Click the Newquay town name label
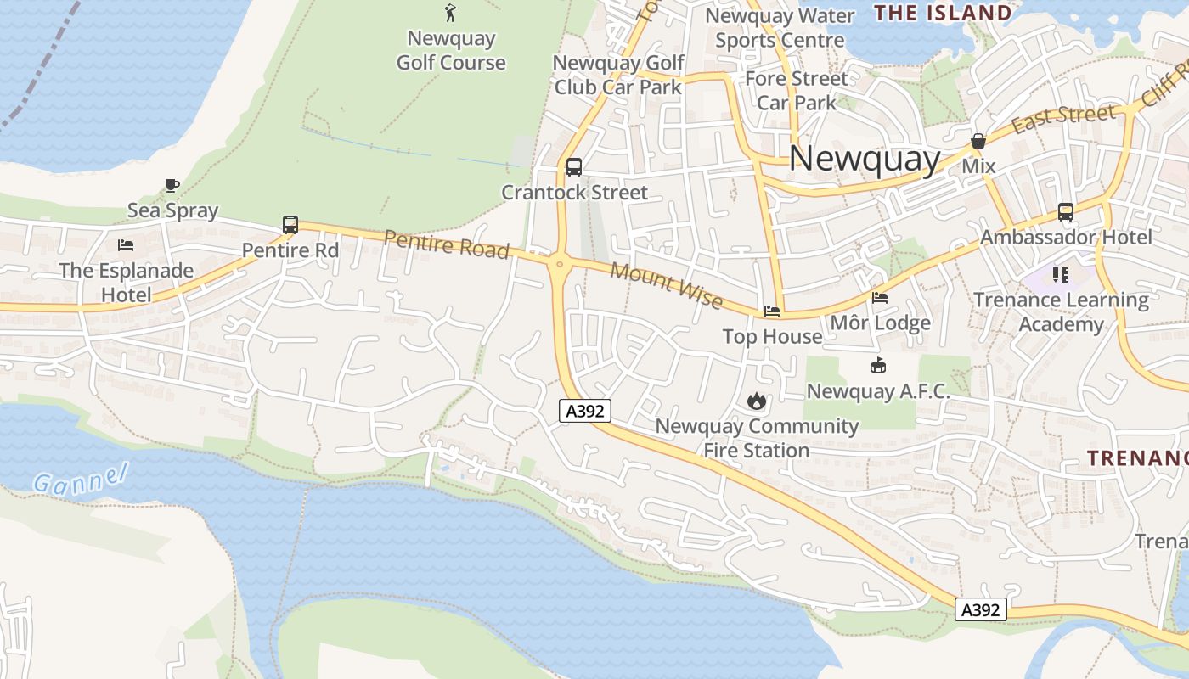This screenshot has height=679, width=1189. click(x=865, y=159)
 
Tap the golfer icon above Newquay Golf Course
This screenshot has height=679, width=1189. click(x=450, y=12)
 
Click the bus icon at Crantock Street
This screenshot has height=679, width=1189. click(x=574, y=167)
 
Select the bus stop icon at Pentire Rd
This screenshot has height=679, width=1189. click(x=290, y=225)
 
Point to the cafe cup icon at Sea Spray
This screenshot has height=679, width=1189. click(x=172, y=185)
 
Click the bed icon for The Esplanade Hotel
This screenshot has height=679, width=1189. click(x=126, y=245)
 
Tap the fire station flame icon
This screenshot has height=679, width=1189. click(x=757, y=401)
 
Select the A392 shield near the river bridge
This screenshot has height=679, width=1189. click(x=981, y=609)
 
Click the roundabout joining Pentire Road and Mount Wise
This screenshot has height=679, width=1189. click(x=559, y=264)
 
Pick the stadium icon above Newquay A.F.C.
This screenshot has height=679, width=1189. click(x=878, y=366)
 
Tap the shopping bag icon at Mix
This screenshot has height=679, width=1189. click(x=978, y=141)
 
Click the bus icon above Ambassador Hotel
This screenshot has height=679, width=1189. click(x=1066, y=212)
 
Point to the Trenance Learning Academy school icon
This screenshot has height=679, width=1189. click(x=1060, y=274)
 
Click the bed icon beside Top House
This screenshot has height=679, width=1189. click(x=772, y=311)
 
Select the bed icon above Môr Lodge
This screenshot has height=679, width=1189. click(x=880, y=298)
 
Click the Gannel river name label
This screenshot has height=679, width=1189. click(x=81, y=478)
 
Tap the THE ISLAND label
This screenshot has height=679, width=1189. click(x=943, y=13)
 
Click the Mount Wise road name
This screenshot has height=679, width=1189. click(x=667, y=287)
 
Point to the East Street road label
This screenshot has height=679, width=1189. click(x=1063, y=119)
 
